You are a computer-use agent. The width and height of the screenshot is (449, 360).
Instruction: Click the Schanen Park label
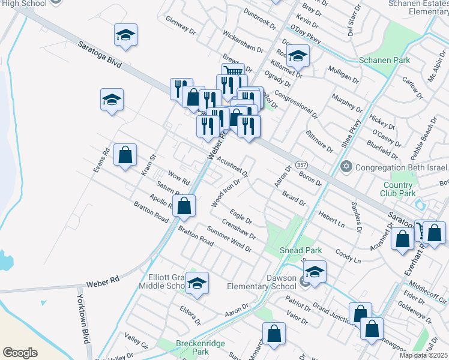pyautogui.click(x=384, y=60)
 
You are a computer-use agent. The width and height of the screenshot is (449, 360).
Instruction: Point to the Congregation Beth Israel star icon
pyautogui.click(x=346, y=166)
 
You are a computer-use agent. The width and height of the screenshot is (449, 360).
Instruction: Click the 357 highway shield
pyautogui.click(x=302, y=165)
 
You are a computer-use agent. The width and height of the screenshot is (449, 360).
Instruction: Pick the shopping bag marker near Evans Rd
pyautogui.click(x=125, y=155)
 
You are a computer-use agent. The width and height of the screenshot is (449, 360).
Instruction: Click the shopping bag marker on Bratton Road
pyautogui.click(x=184, y=206)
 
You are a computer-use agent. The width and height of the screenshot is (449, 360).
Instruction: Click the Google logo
pyautogui.click(x=20, y=353)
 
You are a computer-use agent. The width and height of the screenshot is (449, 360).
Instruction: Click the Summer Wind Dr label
pyautogui.click(x=229, y=238)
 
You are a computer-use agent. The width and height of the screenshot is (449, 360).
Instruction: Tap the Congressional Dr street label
pyautogui.click(x=295, y=104)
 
